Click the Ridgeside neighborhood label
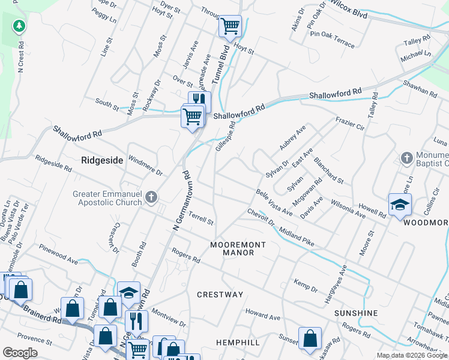[x=102, y=160]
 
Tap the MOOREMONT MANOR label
[x=232, y=249]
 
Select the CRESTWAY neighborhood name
[x=220, y=295]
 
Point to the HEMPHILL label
[x=238, y=342]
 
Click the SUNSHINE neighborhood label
[x=356, y=313]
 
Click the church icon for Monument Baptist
[x=406, y=158]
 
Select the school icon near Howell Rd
[x=400, y=205]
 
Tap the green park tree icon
[x=20, y=26]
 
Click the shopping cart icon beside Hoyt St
[x=230, y=26]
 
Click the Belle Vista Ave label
[x=274, y=203]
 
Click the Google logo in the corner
[x=20, y=353]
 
